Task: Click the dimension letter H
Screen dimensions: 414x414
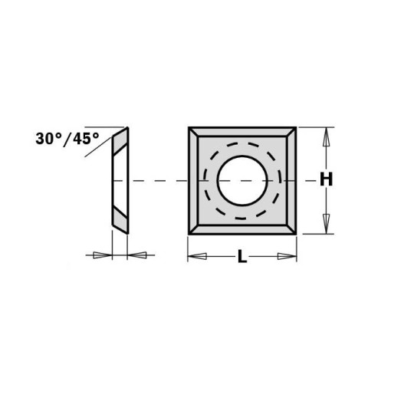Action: (327, 180)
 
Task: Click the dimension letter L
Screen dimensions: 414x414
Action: (242, 257)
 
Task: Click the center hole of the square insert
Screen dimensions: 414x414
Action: (242, 181)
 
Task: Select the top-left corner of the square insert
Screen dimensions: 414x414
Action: (189, 128)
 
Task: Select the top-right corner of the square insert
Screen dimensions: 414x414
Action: (295, 128)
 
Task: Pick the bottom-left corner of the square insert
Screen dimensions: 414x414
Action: (189, 234)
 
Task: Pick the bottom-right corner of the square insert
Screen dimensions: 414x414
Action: (295, 234)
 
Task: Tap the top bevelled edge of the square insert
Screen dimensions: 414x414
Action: (242, 133)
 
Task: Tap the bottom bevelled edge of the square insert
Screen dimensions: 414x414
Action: (242, 228)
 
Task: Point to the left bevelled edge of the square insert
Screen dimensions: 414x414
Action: (193, 181)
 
